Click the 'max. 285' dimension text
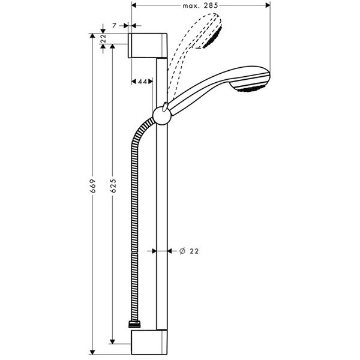[x=200, y=5]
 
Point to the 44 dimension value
[x=142, y=81]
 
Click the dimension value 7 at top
[x=113, y=25]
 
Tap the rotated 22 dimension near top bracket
[x=103, y=39]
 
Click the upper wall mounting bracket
[x=147, y=45]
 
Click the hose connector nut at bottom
[x=134, y=325]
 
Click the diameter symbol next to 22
[x=181, y=252]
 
